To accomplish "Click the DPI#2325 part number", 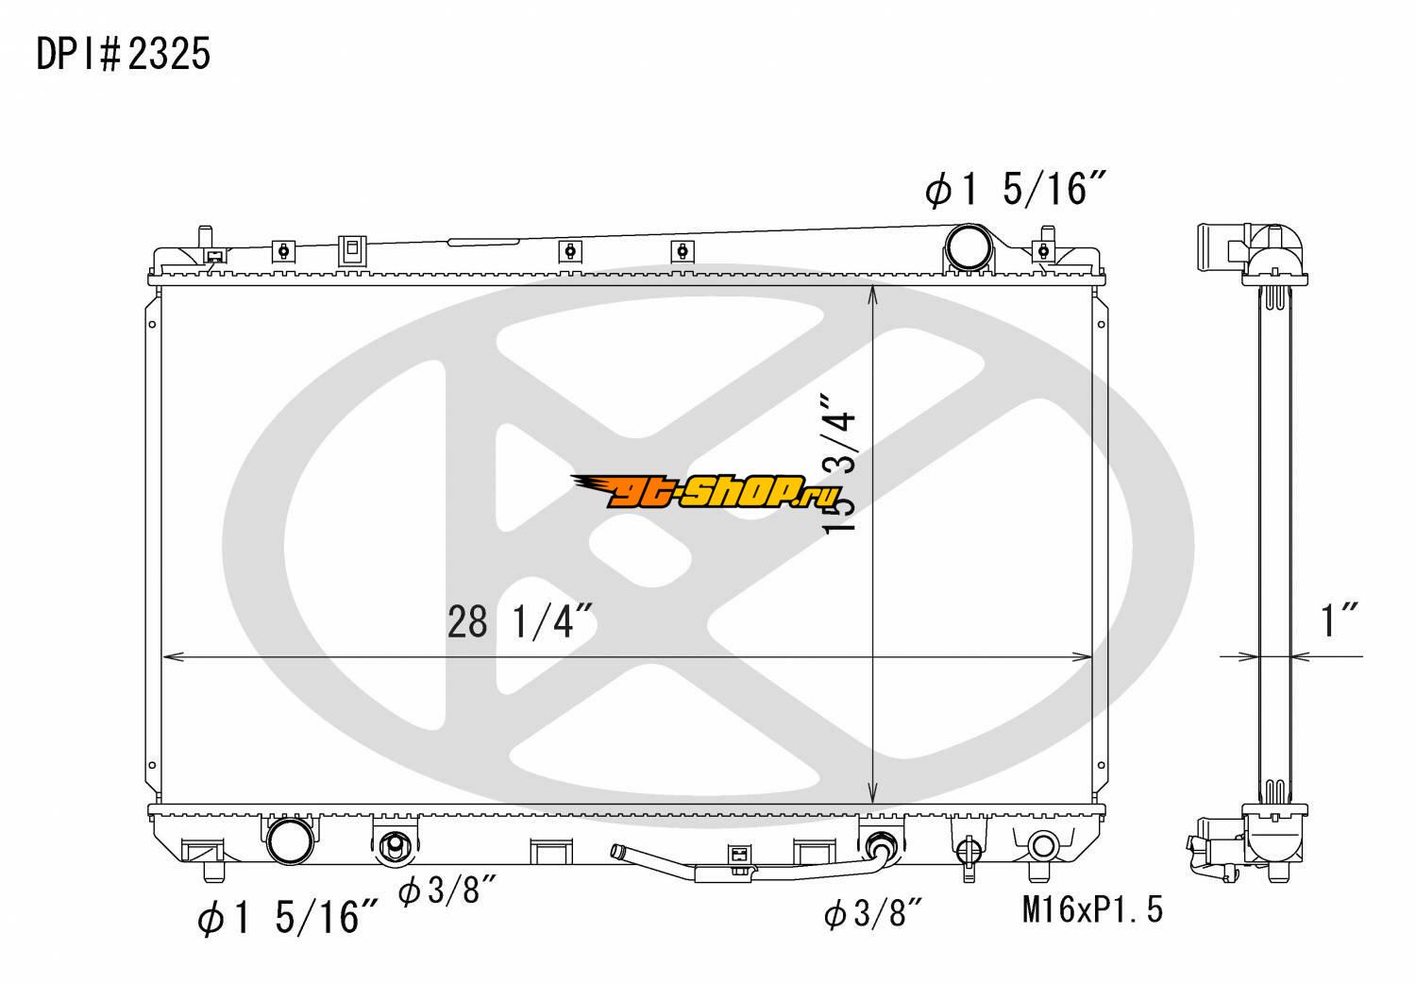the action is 124,53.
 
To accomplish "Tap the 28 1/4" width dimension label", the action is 519,621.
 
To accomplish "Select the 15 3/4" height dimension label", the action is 840,466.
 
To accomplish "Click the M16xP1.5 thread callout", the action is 1092,909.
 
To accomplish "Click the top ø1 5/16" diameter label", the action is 1016,188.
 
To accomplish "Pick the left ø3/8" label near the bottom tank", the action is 447,890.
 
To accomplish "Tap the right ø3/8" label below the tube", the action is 873,913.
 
